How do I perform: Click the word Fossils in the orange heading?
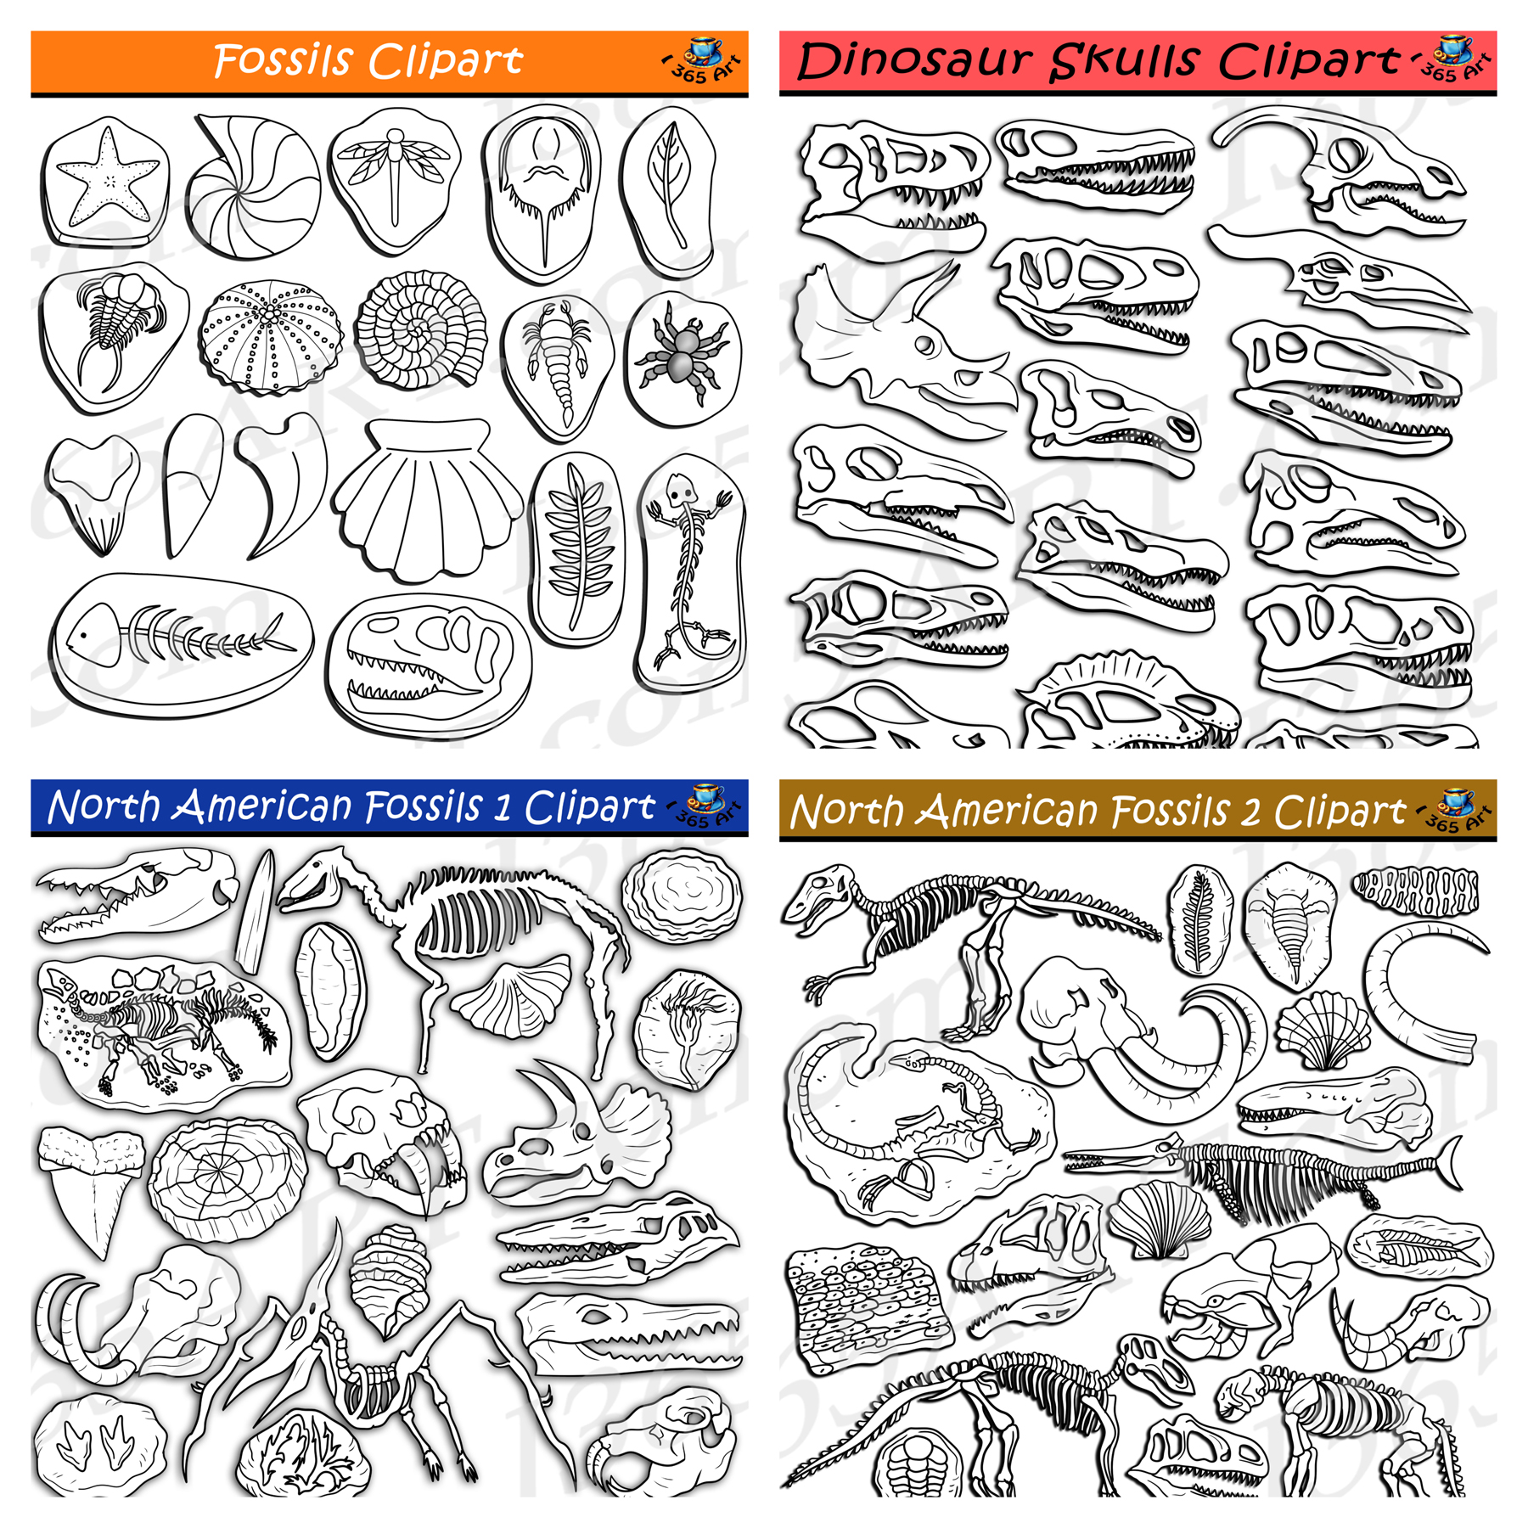tap(282, 61)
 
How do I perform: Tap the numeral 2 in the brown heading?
tap(1250, 812)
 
